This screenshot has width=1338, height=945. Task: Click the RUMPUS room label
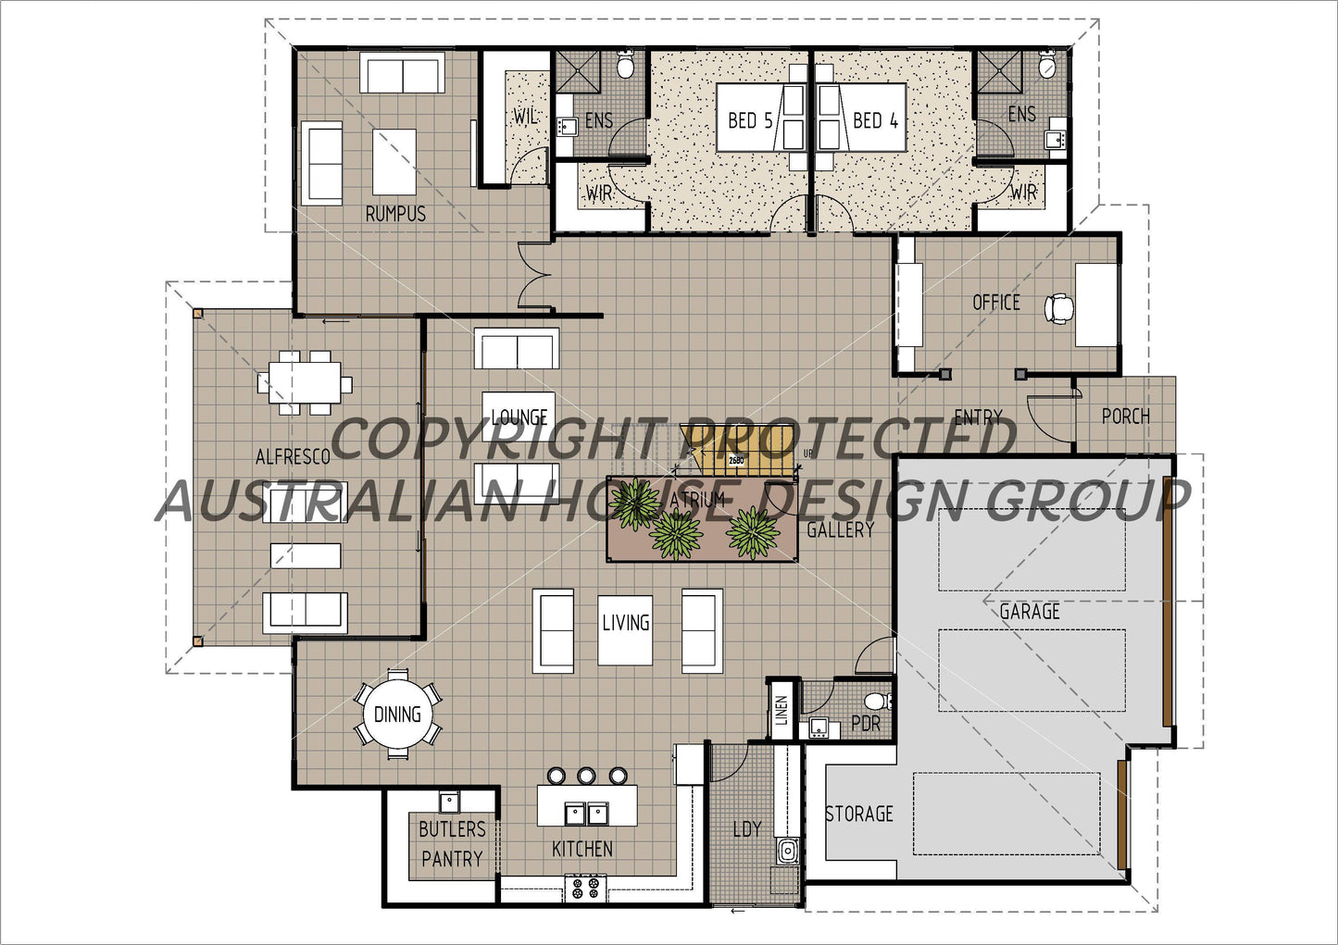click(x=395, y=214)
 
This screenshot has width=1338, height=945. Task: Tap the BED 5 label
click(x=749, y=119)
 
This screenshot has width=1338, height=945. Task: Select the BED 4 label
click(x=875, y=119)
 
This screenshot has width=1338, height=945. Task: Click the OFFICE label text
click(x=995, y=302)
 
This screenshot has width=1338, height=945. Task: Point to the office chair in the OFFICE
click(x=1058, y=308)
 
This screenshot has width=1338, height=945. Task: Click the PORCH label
click(x=1125, y=417)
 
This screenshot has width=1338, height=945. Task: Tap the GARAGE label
click(x=1029, y=611)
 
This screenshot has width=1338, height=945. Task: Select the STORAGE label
click(x=858, y=814)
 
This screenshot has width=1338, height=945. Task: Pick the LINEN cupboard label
click(x=782, y=710)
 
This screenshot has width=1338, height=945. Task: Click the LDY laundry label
click(x=746, y=828)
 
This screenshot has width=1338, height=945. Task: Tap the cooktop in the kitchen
click(x=584, y=889)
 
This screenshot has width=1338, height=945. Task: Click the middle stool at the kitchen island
click(x=586, y=776)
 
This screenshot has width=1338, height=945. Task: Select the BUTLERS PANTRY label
click(x=452, y=843)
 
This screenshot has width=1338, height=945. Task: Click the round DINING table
click(x=397, y=714)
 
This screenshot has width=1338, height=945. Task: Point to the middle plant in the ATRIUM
click(x=677, y=534)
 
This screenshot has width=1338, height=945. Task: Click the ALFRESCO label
click(x=293, y=456)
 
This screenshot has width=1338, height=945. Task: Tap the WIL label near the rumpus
click(x=525, y=118)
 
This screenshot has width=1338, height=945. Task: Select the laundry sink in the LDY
click(x=787, y=850)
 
